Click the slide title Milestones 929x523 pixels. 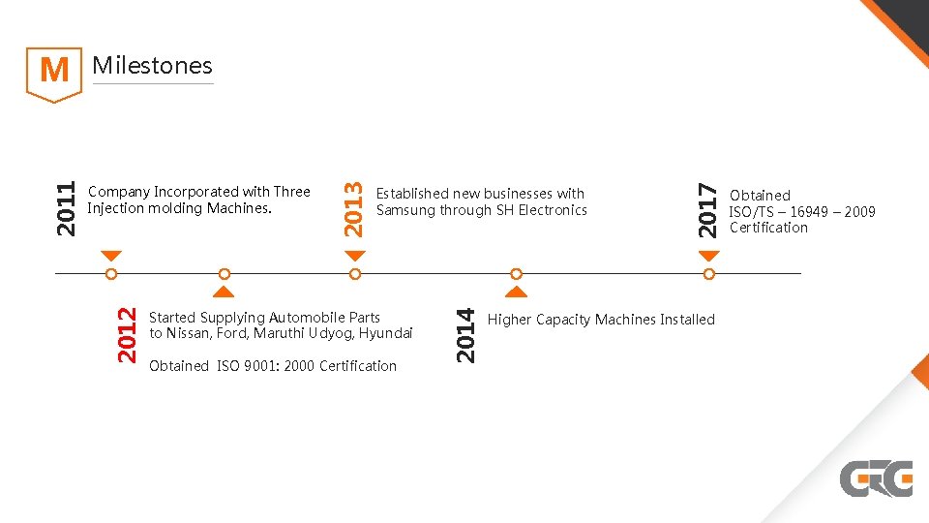152,66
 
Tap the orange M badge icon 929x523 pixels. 53,72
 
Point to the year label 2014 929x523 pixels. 465,334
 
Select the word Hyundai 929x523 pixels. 385,333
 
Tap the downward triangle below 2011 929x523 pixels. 111,256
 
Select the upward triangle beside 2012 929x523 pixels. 224,291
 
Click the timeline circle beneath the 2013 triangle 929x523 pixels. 355,274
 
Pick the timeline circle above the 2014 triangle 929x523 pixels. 517,274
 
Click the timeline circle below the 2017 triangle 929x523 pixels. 709,274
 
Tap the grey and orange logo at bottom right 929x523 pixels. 876,478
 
